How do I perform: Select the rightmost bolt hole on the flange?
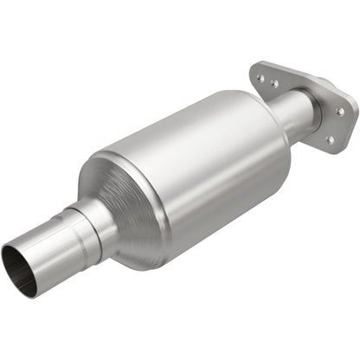(340, 111)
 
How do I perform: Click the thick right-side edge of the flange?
(350, 121)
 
